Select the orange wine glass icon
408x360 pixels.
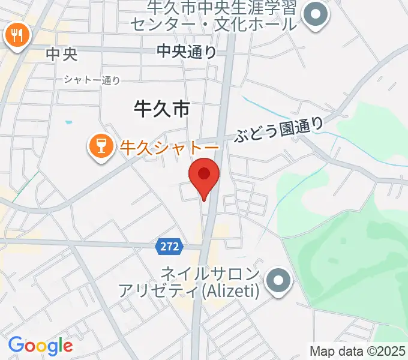click(101, 145)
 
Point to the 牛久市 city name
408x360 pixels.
click(161, 109)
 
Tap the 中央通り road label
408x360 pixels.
click(187, 52)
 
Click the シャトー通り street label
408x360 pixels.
click(92, 80)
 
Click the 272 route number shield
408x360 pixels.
click(169, 245)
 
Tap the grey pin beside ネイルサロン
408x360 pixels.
click(278, 280)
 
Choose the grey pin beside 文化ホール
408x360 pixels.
click(316, 16)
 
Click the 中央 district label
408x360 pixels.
click(62, 55)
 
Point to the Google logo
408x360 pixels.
click(40, 346)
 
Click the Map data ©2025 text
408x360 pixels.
click(358, 350)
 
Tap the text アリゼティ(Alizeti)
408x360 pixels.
click(188, 291)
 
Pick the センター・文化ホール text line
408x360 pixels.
click(214, 25)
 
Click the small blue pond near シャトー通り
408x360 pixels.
click(68, 122)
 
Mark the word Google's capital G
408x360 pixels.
click(16, 345)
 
